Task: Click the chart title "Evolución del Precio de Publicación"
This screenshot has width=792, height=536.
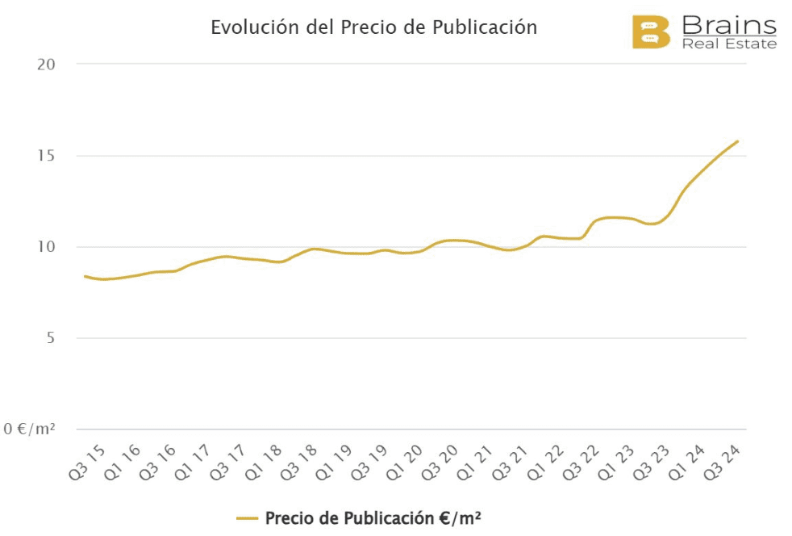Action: pyautogui.click(x=373, y=27)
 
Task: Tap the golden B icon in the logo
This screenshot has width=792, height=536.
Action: pyautogui.click(x=650, y=31)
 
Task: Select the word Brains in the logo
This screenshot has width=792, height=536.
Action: pyautogui.click(x=729, y=24)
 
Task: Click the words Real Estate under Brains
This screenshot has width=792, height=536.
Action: pyautogui.click(x=729, y=44)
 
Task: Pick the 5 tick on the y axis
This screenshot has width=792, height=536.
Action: pyautogui.click(x=50, y=337)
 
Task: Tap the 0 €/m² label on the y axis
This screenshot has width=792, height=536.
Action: pyautogui.click(x=29, y=429)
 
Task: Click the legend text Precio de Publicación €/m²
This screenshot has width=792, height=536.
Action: pyautogui.click(x=373, y=517)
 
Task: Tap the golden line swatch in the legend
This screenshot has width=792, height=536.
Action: pyautogui.click(x=247, y=518)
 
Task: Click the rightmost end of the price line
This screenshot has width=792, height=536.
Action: pyautogui.click(x=738, y=141)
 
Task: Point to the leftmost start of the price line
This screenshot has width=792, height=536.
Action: pyautogui.click(x=85, y=276)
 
